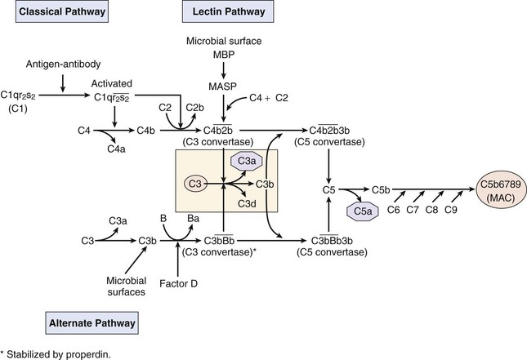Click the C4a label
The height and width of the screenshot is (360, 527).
coord(117,149)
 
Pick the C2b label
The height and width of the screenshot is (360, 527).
coord(194,107)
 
